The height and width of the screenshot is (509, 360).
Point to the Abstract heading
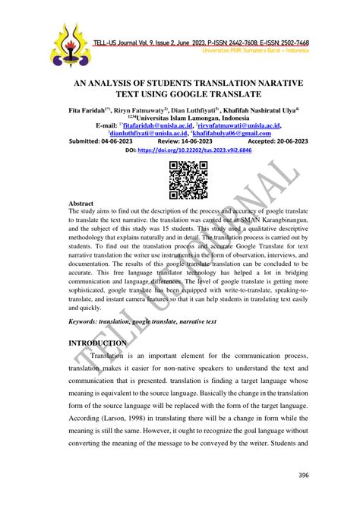82,184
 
